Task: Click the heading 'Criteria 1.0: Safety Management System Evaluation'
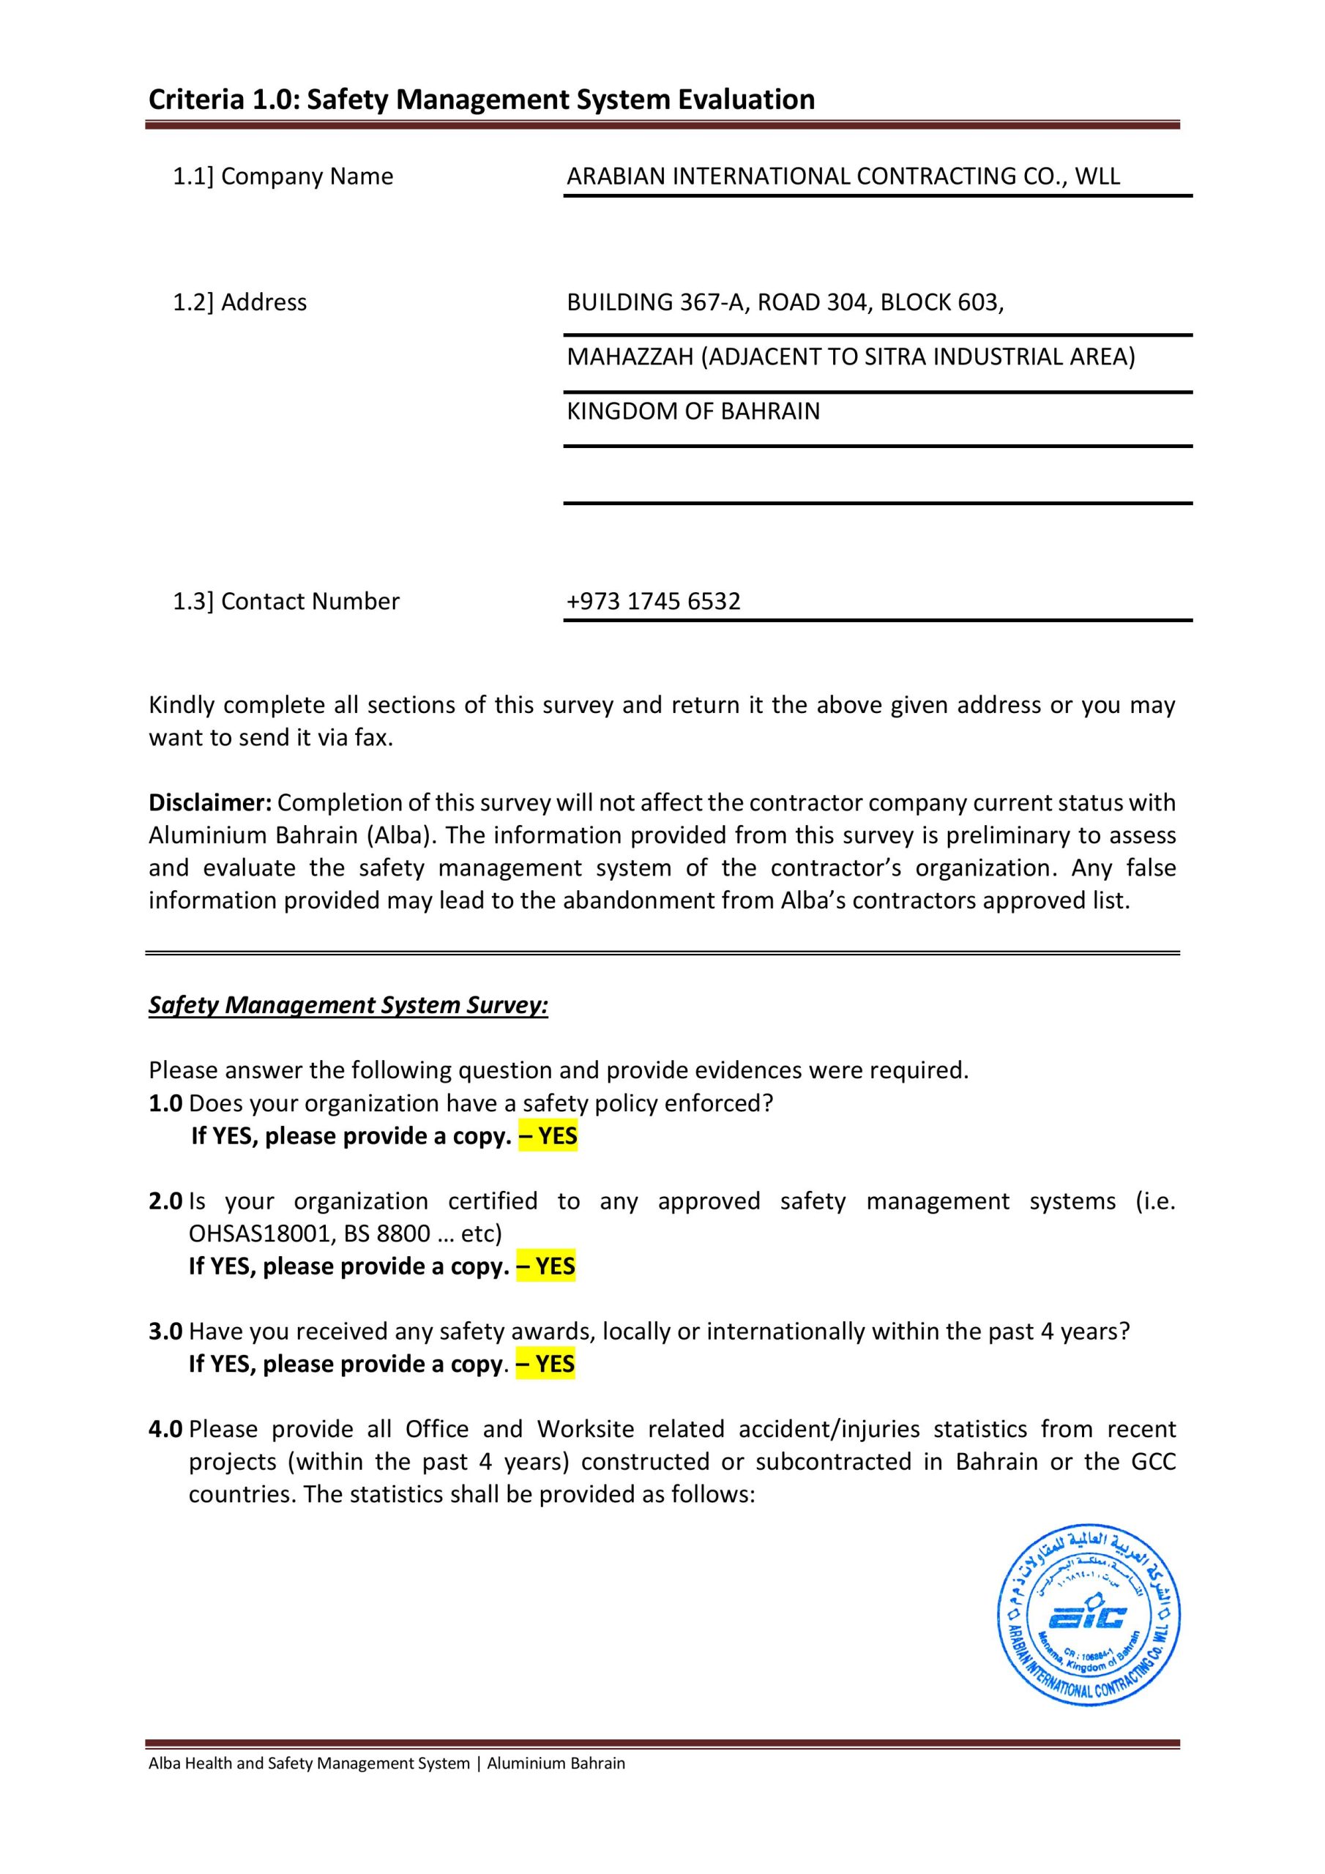click(x=482, y=100)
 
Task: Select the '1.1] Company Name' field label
click(x=283, y=176)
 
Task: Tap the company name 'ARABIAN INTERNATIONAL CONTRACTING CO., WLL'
click(x=843, y=176)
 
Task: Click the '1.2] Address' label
click(x=239, y=302)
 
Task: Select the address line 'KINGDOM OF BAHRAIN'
click(x=693, y=411)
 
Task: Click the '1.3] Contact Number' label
click(x=285, y=601)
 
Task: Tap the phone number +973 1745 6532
click(x=653, y=601)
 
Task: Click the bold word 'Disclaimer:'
click(x=210, y=802)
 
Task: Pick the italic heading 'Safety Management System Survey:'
click(x=348, y=1005)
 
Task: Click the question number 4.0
click(x=165, y=1429)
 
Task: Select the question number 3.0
click(x=165, y=1332)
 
